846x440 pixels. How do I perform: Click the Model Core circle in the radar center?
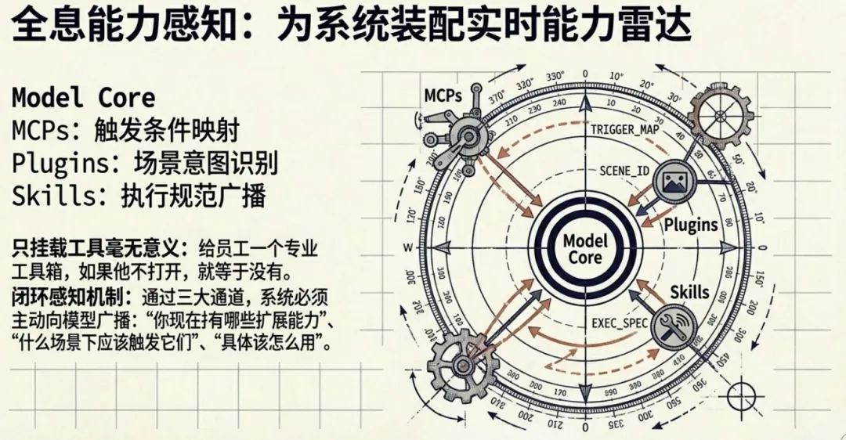[584, 249]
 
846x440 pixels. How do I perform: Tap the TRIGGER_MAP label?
[624, 130]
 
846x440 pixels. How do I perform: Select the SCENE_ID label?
[624, 170]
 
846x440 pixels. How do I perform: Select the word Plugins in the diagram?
[691, 225]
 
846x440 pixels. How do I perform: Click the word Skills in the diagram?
[689, 293]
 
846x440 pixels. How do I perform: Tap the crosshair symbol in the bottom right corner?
[740, 395]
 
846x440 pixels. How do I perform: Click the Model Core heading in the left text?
[83, 97]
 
